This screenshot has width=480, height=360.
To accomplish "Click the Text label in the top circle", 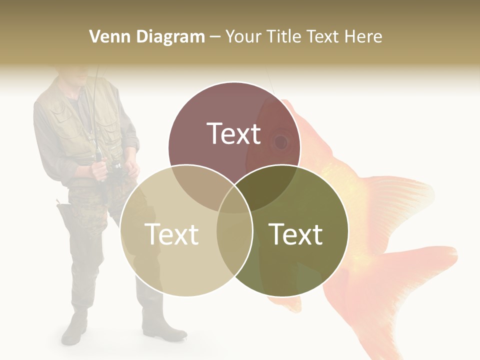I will point(234,133).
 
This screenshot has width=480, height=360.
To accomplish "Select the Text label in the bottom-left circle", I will point(171,233).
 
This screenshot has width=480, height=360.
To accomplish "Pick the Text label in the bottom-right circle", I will point(296,233).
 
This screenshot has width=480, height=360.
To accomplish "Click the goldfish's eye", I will point(281,142).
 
